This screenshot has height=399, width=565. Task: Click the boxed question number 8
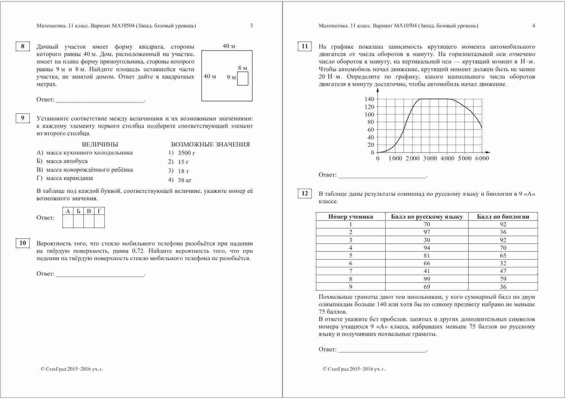tap(23, 46)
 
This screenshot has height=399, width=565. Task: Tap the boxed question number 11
tap(305, 46)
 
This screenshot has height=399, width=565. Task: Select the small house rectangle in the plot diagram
tap(243, 79)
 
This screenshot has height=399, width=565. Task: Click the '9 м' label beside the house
tap(231, 77)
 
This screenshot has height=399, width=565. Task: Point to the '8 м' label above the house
tap(243, 68)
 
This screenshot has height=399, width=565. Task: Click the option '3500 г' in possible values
tap(187, 153)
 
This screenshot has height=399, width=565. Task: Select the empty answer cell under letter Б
tap(78, 221)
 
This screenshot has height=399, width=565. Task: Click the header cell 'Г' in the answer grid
tap(99, 211)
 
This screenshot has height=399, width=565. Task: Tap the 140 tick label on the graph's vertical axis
tap(369, 99)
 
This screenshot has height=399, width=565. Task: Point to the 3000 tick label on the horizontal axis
tap(430, 158)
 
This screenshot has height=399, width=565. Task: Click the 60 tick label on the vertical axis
tap(371, 130)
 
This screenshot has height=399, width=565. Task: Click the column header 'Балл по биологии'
tap(503, 217)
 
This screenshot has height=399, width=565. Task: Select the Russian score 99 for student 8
tap(427, 279)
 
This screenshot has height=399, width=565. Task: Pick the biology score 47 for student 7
tap(503, 271)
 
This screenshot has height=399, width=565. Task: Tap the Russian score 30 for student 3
tap(427, 240)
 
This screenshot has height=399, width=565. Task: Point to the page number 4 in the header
tap(533, 26)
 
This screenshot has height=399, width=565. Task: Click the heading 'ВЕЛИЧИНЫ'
tap(100, 145)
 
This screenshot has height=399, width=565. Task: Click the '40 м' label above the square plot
tap(229, 46)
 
